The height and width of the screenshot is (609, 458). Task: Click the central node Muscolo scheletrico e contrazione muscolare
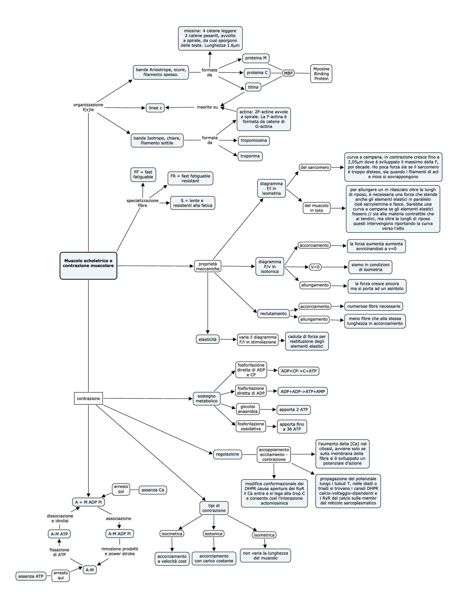point(88,266)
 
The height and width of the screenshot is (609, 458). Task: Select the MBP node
point(288,73)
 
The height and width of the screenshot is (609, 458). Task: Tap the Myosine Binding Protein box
point(321,74)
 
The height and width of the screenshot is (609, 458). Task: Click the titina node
point(253,87)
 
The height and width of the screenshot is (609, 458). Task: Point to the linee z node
point(155,108)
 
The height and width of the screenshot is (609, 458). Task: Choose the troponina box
point(250,156)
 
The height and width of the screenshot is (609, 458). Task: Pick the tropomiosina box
point(254,141)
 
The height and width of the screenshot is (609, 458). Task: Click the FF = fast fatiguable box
point(143,174)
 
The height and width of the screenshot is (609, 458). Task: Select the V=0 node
point(315,267)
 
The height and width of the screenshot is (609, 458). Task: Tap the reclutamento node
point(273,314)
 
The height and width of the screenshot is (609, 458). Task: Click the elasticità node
point(208,339)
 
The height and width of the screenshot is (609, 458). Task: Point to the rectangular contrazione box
point(88,398)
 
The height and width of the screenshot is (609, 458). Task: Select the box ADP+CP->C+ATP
point(299,371)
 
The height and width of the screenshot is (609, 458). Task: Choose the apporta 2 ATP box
point(294,410)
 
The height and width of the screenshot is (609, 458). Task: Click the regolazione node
point(227,454)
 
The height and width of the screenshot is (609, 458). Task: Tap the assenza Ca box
point(153,490)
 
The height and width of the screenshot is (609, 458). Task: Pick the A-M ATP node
point(59,534)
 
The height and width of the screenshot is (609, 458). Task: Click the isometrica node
point(264,535)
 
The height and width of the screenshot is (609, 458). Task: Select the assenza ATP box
point(31,576)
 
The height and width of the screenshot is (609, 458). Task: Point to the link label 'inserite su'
point(208,107)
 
